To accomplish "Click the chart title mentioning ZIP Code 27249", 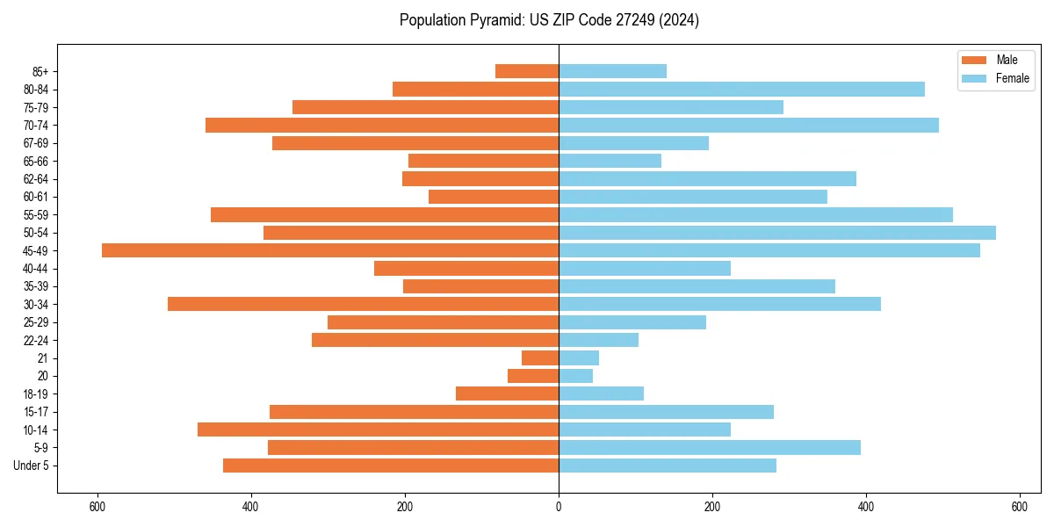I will tap(549, 20).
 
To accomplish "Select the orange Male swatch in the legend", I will tap(974, 60).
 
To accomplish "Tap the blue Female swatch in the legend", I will tap(974, 78).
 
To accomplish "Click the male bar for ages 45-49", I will tap(330, 250).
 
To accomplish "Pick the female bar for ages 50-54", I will tap(777, 233).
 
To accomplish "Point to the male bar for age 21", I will tap(540, 358).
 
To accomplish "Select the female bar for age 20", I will tap(576, 376).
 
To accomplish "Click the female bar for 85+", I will tap(613, 71).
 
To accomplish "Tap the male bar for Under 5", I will tap(391, 466).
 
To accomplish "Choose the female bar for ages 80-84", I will tap(742, 90).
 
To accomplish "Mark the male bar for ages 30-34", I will tap(363, 304).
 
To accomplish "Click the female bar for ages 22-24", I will tap(599, 340).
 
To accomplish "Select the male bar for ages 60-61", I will tap(494, 197).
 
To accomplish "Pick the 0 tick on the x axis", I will tap(559, 507).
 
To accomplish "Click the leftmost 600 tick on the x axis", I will tap(97, 507).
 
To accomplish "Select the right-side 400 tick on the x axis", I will tap(866, 507).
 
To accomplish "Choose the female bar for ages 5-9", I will tap(710, 448).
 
